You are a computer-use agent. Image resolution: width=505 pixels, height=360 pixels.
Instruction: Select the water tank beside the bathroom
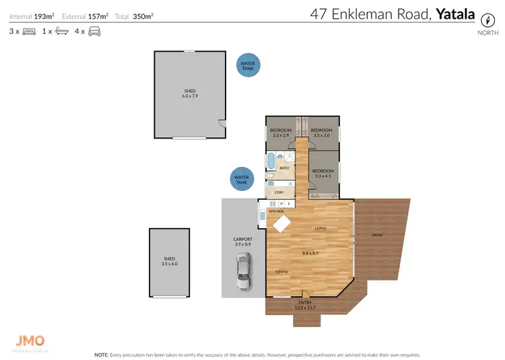[240, 180]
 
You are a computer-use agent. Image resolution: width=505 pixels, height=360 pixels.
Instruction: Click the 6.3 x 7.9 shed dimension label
[191, 96]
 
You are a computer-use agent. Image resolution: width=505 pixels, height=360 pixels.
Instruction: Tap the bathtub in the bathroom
[271, 163]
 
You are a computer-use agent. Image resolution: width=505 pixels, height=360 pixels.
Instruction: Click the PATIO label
[377, 235]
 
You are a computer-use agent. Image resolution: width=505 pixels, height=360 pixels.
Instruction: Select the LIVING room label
[321, 228]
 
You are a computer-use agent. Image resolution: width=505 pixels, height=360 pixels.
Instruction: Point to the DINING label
[282, 272]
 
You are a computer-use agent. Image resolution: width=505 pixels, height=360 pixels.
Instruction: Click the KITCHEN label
[277, 212]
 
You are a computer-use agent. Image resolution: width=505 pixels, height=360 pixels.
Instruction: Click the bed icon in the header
[30, 32]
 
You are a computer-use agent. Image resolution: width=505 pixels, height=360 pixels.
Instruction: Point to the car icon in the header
[94, 32]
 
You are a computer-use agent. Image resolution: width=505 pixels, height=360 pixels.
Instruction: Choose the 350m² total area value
[143, 15]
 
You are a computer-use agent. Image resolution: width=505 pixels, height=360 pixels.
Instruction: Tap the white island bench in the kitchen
[282, 223]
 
